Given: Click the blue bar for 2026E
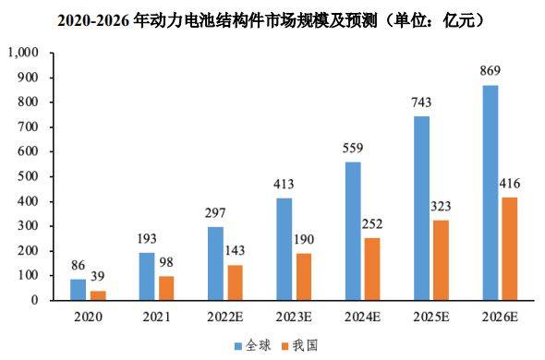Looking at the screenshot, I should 491,193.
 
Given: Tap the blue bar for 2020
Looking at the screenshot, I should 78,289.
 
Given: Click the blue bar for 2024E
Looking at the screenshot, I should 354,231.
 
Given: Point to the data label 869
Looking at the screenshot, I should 491,71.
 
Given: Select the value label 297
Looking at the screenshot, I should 216,213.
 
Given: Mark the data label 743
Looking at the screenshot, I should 422,102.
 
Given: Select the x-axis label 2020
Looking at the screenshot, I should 90,317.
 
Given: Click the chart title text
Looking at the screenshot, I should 272,18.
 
